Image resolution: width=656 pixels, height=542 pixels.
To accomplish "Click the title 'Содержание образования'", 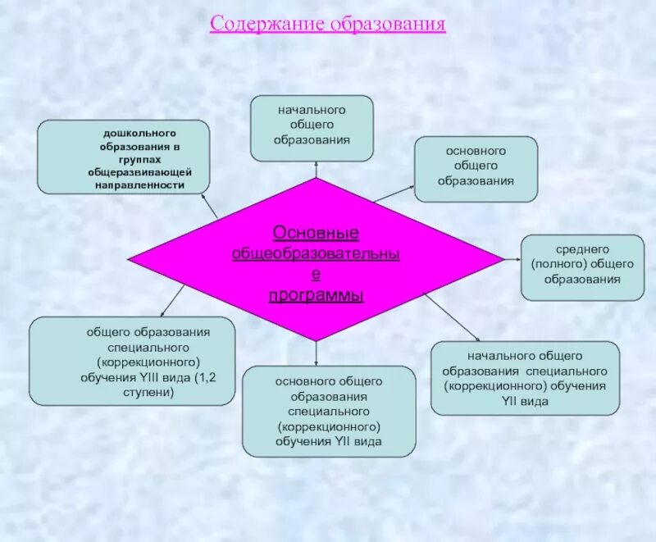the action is pyautogui.click(x=327, y=23).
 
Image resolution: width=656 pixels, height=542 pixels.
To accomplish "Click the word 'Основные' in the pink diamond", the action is pyautogui.click(x=316, y=235).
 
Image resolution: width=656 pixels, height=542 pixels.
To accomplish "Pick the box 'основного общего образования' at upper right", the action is pyautogui.click(x=476, y=168).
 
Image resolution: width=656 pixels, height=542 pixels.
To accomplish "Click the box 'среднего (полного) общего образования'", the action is pyautogui.click(x=582, y=266).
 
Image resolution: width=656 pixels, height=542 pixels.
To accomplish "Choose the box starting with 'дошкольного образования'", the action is pyautogui.click(x=123, y=157).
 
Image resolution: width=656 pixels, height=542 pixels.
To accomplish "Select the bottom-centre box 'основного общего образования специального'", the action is pyautogui.click(x=329, y=411).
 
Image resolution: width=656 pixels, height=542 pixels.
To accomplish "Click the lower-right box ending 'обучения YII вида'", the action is pyautogui.click(x=525, y=378).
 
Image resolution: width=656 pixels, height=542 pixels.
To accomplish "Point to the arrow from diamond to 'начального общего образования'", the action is pyautogui.click(x=316, y=169).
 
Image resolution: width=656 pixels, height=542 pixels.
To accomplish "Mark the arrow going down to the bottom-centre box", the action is pyautogui.click(x=316, y=353).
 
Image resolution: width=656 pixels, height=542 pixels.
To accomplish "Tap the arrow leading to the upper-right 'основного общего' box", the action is pyautogui.click(x=394, y=194).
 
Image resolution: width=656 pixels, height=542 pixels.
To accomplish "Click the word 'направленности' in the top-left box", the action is pyautogui.click(x=139, y=186).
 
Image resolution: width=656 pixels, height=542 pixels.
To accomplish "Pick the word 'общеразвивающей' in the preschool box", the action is pyautogui.click(x=140, y=173).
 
